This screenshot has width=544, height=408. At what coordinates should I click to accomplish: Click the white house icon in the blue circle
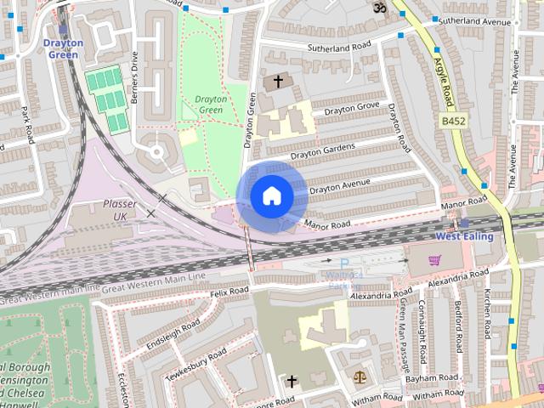[x=271, y=196]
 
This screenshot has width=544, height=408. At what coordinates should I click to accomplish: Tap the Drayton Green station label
[x=63, y=49]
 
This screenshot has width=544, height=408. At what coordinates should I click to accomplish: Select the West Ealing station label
[x=464, y=235]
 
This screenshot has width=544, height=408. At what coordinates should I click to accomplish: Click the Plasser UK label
[x=119, y=210]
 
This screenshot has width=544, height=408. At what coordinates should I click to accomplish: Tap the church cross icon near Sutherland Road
[x=278, y=82]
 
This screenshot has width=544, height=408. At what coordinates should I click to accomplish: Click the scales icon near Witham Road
[x=357, y=375]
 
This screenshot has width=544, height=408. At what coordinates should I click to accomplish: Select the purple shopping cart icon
[x=435, y=260]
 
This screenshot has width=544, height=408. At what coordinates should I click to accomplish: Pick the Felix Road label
[x=229, y=292]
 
